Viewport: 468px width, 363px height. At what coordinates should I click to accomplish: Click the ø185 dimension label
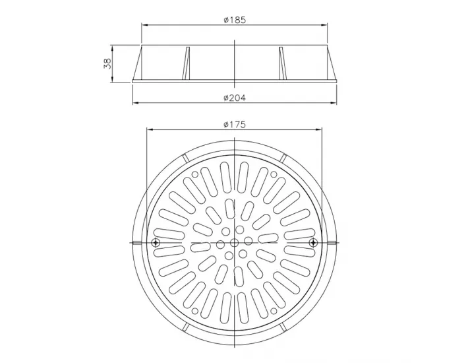[x=235, y=20]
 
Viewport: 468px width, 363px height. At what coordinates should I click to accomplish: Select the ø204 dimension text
[x=235, y=98]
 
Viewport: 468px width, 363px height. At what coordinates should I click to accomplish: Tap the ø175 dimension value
[x=235, y=125]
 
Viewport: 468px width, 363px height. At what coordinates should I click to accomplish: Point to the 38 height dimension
[x=107, y=63]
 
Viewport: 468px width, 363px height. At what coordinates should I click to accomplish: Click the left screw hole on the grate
[x=156, y=244]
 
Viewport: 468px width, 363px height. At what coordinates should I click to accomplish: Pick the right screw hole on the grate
[x=313, y=244]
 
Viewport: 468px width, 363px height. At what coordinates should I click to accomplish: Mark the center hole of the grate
[x=235, y=244]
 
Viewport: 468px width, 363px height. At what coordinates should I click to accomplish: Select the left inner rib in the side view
[x=186, y=63]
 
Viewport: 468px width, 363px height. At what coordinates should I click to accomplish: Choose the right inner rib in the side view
[x=283, y=63]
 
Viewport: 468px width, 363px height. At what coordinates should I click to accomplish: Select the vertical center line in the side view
[x=235, y=63]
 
